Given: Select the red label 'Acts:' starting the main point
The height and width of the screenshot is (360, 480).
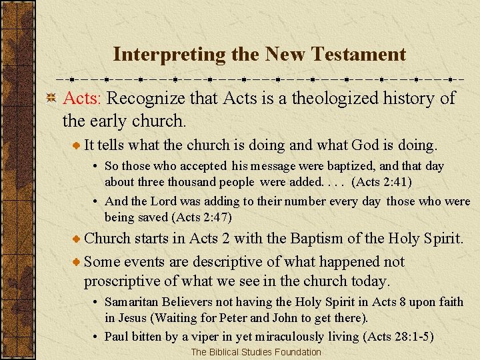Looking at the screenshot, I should click(x=82, y=99).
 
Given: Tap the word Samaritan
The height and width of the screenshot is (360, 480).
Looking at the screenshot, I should click(x=131, y=302).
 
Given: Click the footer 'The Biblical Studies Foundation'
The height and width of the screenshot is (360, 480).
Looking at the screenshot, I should click(x=256, y=352).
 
